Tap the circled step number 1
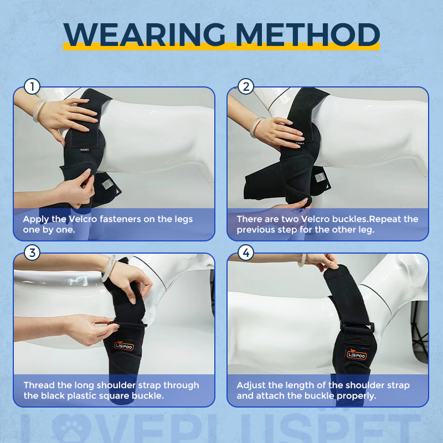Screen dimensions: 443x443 33,87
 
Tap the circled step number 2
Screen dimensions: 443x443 246,87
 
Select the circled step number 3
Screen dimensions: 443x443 33,253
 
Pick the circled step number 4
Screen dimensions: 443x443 246,253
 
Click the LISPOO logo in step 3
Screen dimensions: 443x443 124,346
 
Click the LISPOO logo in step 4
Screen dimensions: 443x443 356,353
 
